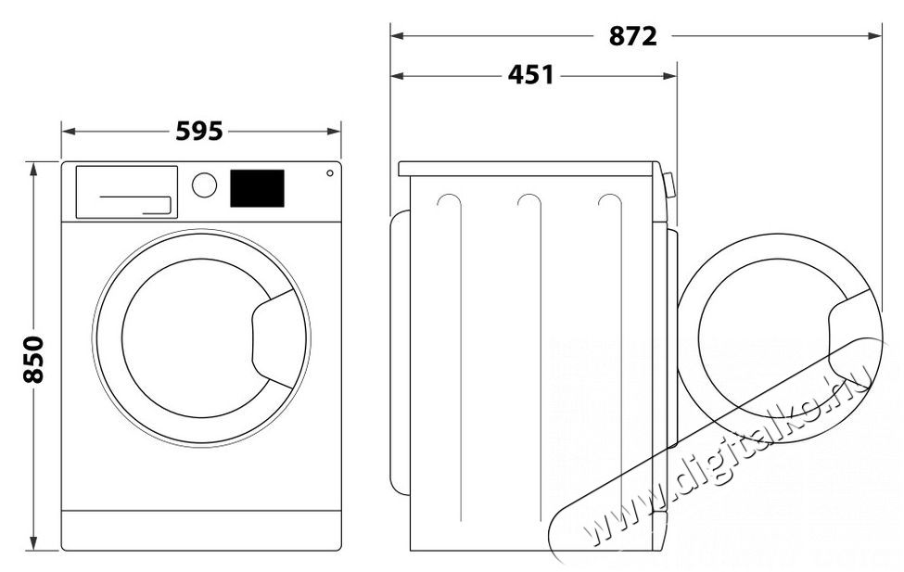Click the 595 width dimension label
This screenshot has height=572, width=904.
click(199, 132)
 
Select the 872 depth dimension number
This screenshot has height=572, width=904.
click(633, 36)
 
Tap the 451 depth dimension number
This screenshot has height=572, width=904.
click(530, 75)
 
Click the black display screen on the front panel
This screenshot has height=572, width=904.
click(256, 187)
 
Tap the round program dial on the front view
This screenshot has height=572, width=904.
click(204, 184)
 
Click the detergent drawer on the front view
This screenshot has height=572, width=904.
click(126, 192)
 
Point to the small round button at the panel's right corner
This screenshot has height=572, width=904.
click(329, 172)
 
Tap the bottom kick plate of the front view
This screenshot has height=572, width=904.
click(201, 529)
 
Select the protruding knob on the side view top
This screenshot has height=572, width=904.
click(668, 185)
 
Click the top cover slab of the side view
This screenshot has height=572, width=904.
click(528, 169)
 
